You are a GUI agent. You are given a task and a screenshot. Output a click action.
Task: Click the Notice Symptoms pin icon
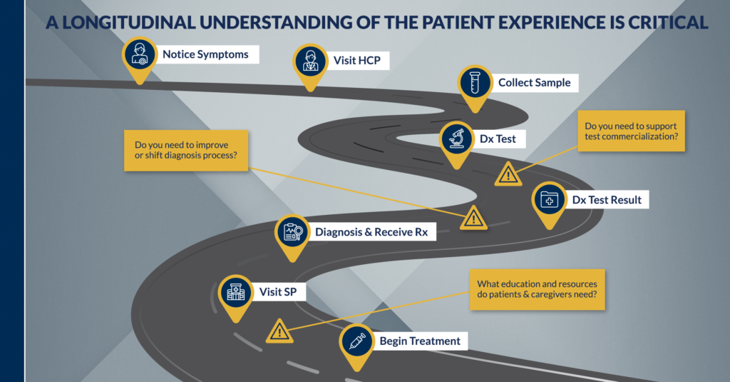[139, 54]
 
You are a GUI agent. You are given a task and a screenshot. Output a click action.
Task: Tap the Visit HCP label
[356, 60]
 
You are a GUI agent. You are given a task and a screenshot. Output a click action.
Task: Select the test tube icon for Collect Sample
[475, 83]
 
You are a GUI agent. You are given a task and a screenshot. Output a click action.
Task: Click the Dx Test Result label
[607, 200]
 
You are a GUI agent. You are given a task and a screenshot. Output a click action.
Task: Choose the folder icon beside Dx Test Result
[549, 200]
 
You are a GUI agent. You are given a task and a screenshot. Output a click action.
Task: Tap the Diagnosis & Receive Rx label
[366, 232]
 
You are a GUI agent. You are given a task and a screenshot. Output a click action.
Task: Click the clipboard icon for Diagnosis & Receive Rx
[292, 232]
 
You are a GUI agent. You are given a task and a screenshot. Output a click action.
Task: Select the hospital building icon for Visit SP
[235, 292]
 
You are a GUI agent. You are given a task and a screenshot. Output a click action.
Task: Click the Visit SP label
[273, 292]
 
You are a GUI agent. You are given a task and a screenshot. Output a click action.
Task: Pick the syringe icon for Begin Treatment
[354, 341]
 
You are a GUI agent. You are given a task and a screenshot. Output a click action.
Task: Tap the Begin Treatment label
[420, 341]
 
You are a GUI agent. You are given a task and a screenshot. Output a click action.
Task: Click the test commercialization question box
[630, 131]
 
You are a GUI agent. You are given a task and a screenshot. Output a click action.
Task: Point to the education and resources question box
[537, 288]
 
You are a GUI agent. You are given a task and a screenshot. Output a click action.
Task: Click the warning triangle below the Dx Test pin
[508, 173]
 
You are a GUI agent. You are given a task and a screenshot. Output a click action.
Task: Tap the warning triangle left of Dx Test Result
[473, 217]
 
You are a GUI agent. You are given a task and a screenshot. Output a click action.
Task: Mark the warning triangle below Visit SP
[279, 331]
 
